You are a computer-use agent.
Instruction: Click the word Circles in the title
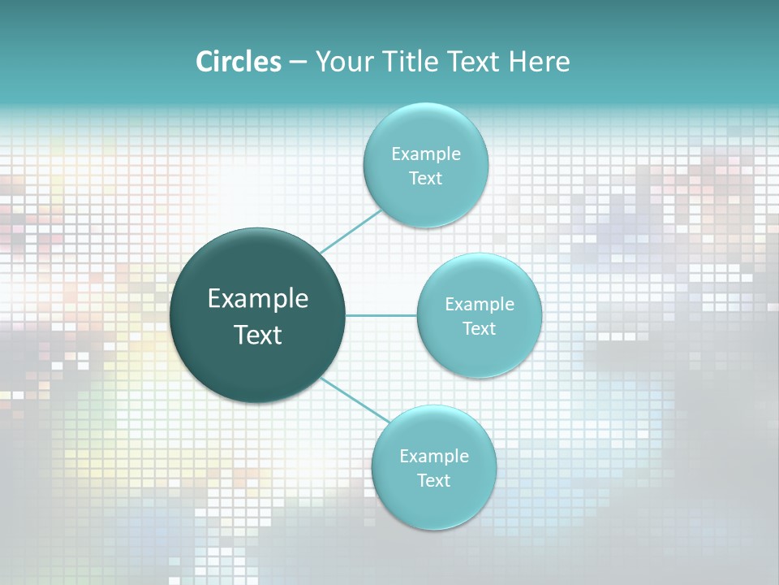tap(239, 62)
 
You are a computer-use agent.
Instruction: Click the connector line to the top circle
tap(351, 231)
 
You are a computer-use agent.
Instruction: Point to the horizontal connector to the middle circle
tap(381, 314)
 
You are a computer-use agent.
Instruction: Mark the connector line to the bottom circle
tap(355, 400)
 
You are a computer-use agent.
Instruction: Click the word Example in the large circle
tap(258, 299)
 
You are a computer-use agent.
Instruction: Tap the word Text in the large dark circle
tap(257, 335)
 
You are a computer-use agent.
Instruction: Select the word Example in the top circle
tap(425, 154)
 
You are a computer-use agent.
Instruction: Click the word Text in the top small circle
tap(425, 178)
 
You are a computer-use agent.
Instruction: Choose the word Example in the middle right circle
tap(480, 305)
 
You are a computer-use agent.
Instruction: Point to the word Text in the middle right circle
tap(480, 328)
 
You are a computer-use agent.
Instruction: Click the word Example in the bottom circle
tap(434, 456)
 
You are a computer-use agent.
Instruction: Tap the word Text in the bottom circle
tap(434, 480)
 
